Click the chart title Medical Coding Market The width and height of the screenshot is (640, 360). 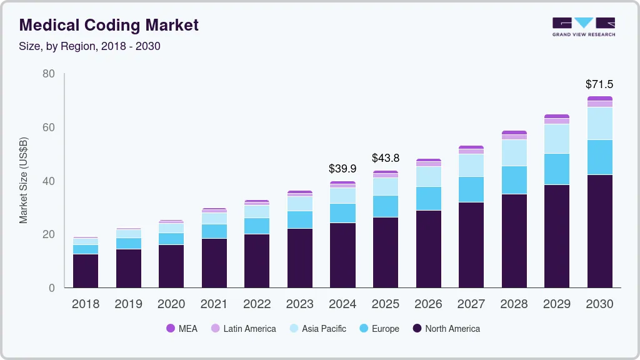[109, 25]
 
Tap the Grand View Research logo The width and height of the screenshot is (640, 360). [584, 27]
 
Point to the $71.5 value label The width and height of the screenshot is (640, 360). [599, 84]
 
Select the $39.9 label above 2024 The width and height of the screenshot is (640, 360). [342, 169]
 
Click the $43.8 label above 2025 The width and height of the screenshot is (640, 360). [385, 158]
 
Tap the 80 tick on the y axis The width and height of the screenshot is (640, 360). [49, 74]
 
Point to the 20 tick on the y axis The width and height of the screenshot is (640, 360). [49, 234]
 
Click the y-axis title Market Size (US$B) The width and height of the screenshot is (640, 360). [24, 181]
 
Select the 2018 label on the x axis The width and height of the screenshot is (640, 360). [86, 304]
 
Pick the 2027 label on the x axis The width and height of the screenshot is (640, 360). [471, 304]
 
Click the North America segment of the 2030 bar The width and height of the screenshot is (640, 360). [599, 231]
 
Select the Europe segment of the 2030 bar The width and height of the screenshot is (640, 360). [599, 157]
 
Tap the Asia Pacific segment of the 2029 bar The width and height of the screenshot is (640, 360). [556, 139]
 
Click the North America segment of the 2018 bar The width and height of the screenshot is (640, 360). [86, 271]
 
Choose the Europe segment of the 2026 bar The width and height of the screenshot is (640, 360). [428, 198]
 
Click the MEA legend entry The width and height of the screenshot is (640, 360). [182, 328]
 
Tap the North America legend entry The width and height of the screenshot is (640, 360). [446, 328]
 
